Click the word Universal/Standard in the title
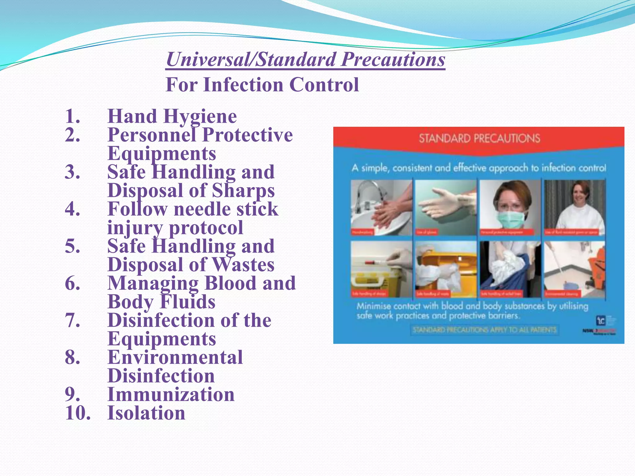point(251,59)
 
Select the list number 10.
point(78,413)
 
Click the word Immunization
point(171,394)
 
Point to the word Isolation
point(146,413)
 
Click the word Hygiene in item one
point(200,117)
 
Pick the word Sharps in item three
point(243,191)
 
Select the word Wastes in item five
point(243,265)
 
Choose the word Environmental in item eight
point(175,357)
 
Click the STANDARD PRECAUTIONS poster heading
point(479,138)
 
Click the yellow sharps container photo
point(381,269)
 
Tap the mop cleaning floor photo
point(575,269)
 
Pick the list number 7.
point(73,320)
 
